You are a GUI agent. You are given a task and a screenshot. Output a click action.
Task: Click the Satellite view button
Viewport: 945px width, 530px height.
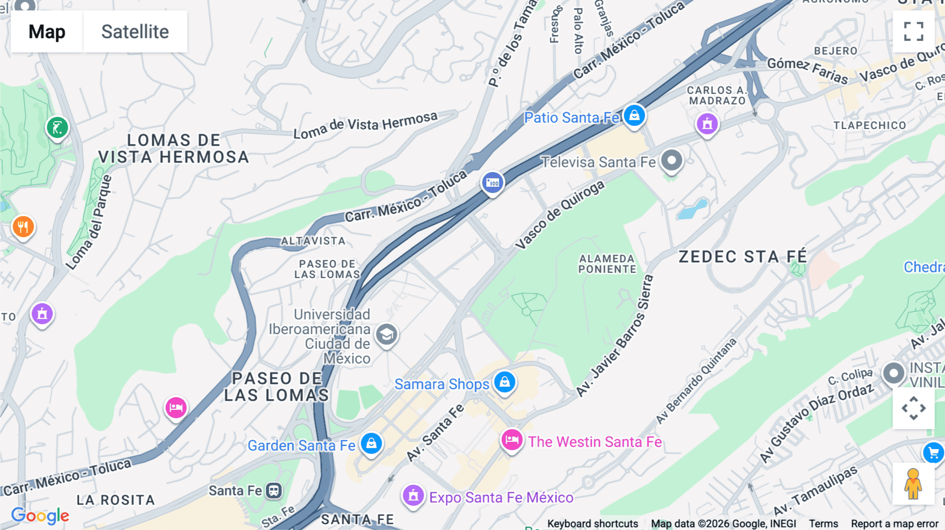coord(135,31)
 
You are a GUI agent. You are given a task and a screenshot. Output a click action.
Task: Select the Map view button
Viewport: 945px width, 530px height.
coord(47,31)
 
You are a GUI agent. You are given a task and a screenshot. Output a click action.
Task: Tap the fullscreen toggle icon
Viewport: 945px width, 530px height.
coord(913,31)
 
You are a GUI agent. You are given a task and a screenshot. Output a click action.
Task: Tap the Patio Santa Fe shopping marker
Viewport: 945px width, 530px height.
coord(634,115)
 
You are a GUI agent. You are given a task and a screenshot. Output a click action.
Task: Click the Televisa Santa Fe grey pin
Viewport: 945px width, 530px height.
coord(671,160)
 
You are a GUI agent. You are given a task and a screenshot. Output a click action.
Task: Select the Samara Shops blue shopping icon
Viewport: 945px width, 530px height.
coord(505,382)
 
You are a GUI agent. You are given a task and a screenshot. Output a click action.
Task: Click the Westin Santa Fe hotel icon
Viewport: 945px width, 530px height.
coord(511,440)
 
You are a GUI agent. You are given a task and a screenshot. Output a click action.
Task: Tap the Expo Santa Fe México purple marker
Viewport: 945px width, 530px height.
coord(413,495)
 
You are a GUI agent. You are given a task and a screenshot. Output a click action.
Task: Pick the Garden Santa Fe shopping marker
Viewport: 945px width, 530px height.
coord(371,443)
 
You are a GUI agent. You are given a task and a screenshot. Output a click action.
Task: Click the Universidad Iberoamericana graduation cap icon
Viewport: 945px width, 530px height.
coord(387,334)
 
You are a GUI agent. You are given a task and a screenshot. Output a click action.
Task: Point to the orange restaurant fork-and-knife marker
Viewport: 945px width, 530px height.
coord(23,227)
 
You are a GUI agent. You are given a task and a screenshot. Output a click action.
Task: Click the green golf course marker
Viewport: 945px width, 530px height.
coord(57,128)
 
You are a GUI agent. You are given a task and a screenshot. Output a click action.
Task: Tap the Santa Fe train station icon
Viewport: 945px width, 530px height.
coord(274,491)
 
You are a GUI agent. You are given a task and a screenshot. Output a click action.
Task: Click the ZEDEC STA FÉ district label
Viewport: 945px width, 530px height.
coord(742,257)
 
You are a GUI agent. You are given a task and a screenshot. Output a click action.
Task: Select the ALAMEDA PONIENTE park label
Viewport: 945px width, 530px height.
coord(607,264)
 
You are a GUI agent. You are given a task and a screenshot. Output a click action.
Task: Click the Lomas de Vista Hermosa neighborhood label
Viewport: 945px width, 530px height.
coord(173,149)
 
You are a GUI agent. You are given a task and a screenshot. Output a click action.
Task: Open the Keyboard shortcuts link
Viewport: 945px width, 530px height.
coord(592,523)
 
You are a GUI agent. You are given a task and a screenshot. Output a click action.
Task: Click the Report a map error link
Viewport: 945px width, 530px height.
coord(894,523)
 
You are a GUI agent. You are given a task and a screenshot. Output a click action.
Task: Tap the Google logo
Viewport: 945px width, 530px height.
coord(40,515)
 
